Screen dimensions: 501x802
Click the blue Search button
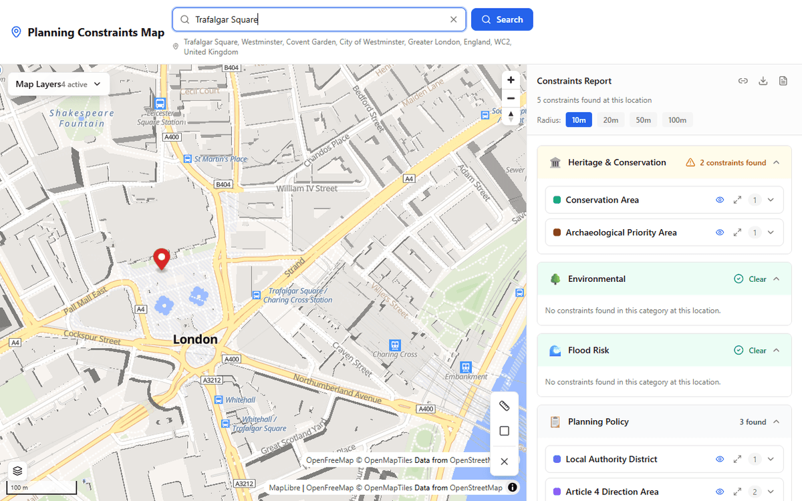(502, 19)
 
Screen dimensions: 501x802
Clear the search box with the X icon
(454, 19)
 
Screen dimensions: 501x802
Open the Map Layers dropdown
(59, 84)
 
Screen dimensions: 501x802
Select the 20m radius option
(611, 120)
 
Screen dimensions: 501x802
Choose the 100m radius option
(677, 120)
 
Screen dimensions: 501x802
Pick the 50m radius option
(643, 120)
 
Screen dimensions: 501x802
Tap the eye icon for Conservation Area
(720, 200)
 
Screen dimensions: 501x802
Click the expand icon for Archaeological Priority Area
(737, 232)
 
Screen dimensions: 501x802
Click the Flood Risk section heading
(589, 350)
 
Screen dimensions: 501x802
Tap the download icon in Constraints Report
(763, 81)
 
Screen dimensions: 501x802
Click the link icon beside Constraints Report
(743, 81)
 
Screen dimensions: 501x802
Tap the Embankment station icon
(466, 367)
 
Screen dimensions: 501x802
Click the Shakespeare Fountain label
(82, 118)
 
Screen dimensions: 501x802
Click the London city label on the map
(195, 339)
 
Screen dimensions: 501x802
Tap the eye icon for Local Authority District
(720, 459)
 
